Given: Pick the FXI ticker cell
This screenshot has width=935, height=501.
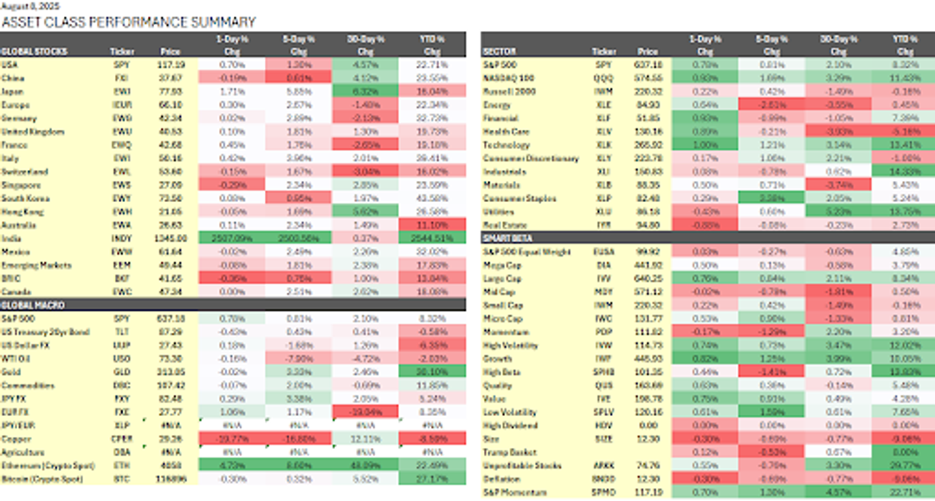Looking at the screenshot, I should (122, 78).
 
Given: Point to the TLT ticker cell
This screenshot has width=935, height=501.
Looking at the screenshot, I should (122, 331).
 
